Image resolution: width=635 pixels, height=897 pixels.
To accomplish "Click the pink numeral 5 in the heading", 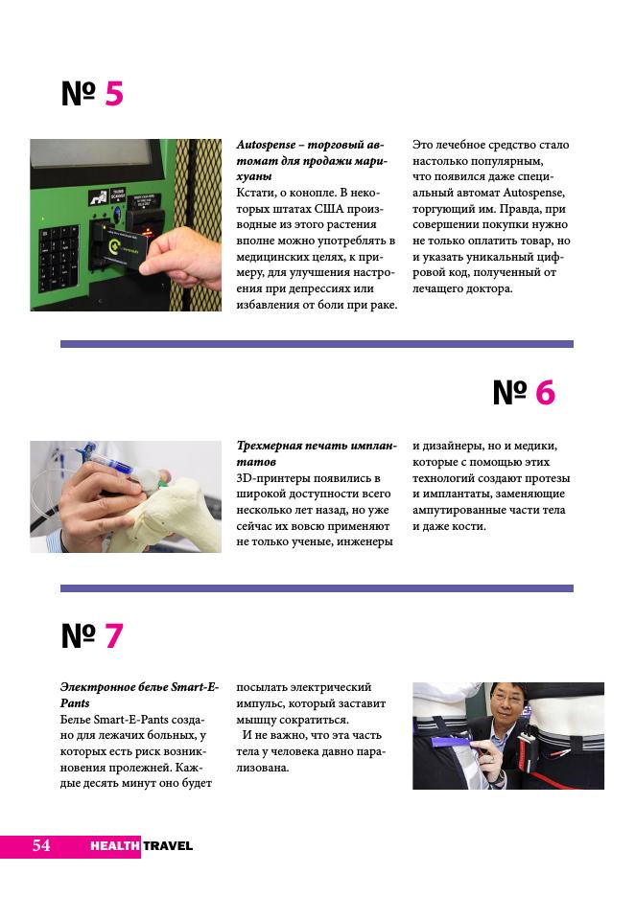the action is [114, 94].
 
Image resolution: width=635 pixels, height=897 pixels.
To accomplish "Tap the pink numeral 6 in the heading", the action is [545, 393].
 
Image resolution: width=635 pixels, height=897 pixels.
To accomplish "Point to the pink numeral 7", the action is [114, 635].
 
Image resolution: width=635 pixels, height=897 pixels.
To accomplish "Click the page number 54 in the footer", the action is [41, 845].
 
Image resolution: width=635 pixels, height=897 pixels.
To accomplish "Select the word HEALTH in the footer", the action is [114, 846].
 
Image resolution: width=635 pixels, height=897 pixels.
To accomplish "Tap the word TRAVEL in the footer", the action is [168, 846].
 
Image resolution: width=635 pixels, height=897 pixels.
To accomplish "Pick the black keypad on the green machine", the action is [58, 258].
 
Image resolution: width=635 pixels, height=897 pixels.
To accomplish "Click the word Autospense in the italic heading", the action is [267, 145].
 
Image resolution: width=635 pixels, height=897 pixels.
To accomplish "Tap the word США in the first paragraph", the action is [329, 209].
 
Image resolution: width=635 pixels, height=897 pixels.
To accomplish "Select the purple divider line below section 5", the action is [317, 344].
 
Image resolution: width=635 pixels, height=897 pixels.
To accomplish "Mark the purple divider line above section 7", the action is [317, 588].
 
